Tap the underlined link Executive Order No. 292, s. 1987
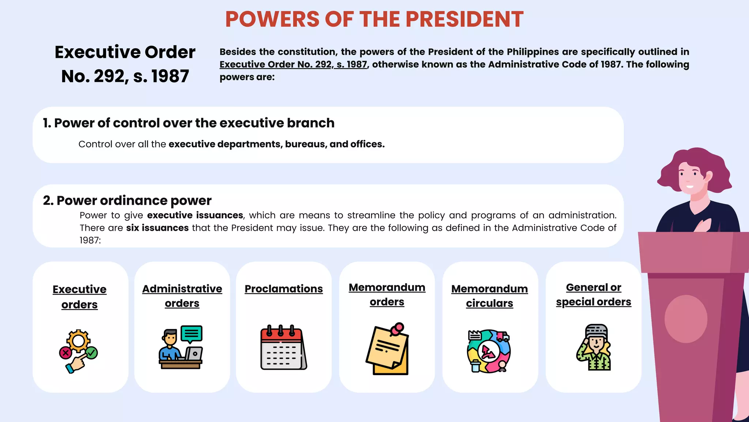(293, 64)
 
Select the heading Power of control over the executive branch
(194, 123)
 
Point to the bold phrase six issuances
(157, 228)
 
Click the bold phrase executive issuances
(195, 215)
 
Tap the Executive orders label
(79, 297)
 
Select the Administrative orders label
(182, 296)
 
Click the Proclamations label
(283, 289)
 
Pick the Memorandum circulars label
(489, 296)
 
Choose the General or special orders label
(593, 295)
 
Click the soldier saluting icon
(594, 347)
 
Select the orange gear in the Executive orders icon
(78, 341)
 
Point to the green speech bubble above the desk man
(191, 333)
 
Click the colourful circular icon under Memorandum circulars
(489, 351)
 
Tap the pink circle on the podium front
(685, 319)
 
